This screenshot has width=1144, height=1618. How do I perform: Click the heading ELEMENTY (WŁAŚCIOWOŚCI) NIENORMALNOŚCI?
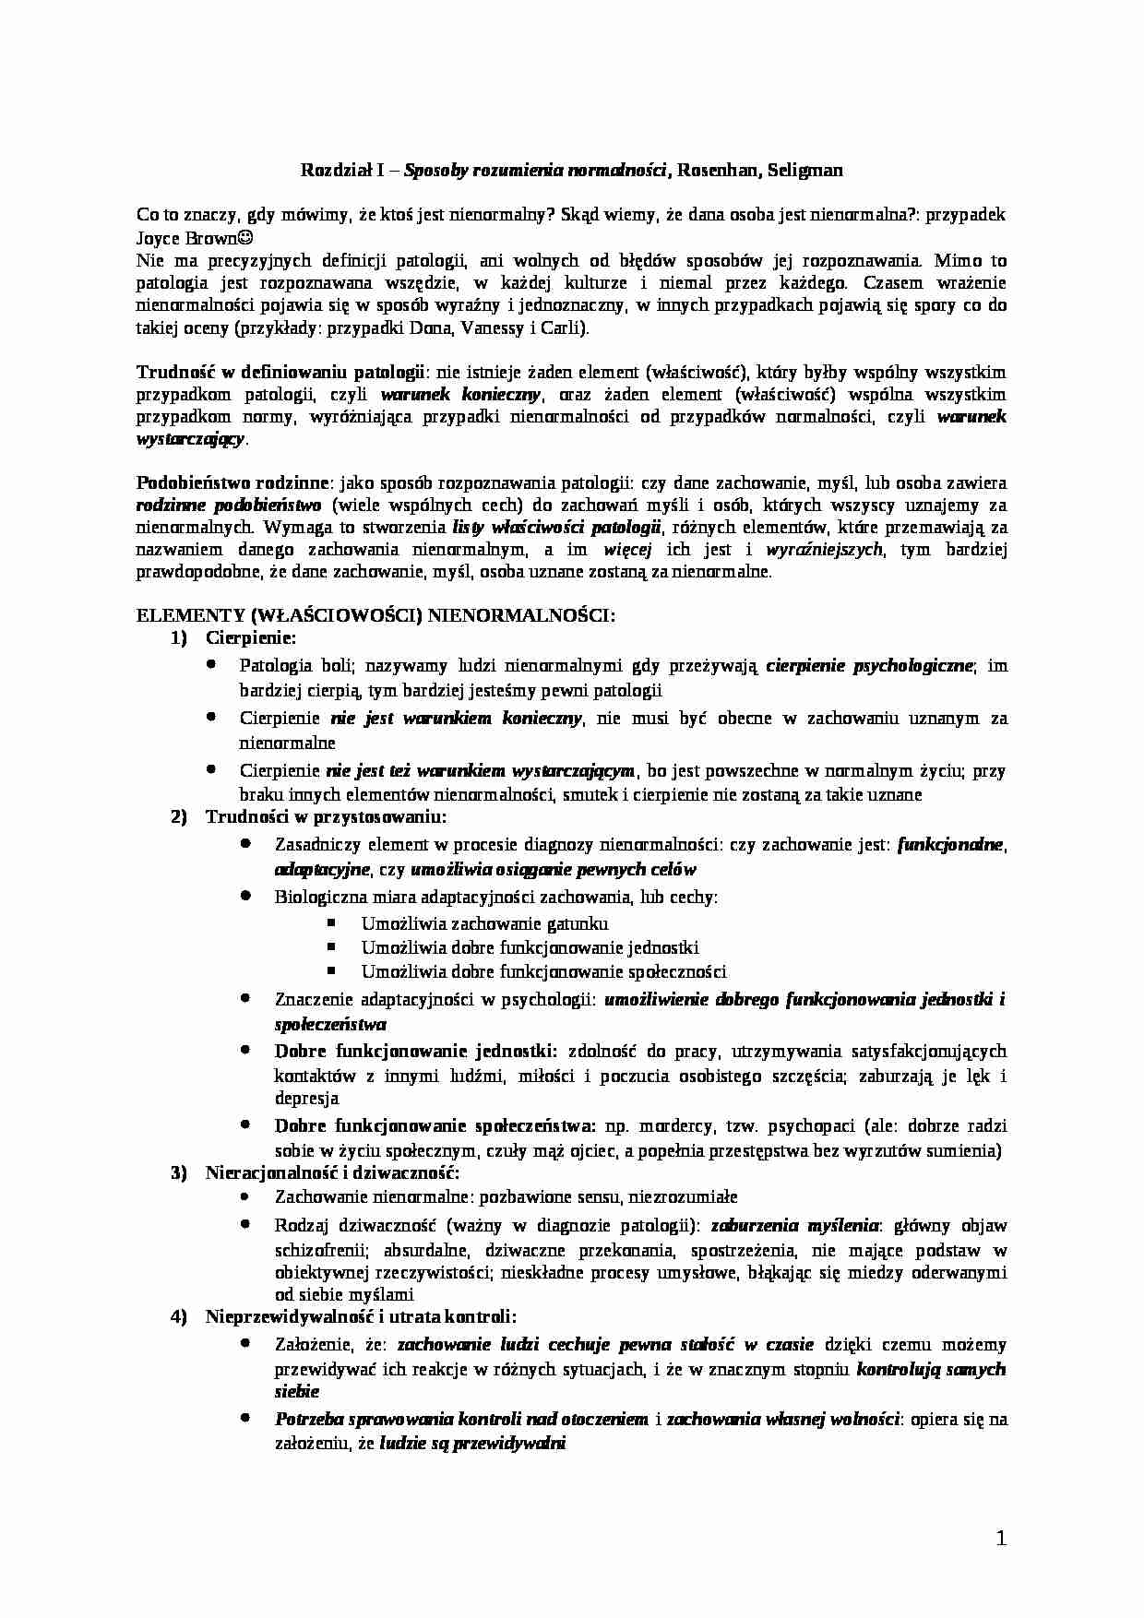[375, 616]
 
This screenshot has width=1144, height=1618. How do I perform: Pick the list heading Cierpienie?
[251, 637]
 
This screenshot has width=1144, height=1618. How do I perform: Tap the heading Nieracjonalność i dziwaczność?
[332, 1172]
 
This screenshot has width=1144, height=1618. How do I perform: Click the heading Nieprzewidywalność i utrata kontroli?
[361, 1316]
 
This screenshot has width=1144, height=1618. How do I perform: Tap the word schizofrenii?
[315, 1250]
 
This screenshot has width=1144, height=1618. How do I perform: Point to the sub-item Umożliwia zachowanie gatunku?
[484, 923]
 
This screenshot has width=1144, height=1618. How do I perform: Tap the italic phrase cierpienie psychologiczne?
[869, 665]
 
